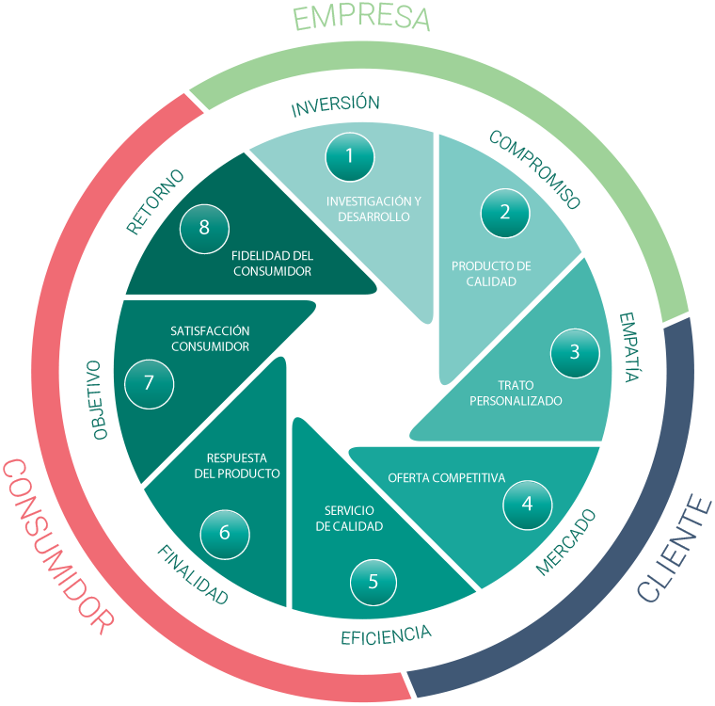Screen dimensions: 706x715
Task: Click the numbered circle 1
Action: (x=349, y=155)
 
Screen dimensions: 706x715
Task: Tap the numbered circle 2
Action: (x=505, y=212)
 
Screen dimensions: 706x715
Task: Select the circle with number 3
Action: (x=575, y=353)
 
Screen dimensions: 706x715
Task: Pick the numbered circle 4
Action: (x=527, y=504)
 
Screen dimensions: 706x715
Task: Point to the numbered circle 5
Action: (x=373, y=581)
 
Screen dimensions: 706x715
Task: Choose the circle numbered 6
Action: (x=224, y=532)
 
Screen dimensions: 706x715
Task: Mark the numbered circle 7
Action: (x=149, y=382)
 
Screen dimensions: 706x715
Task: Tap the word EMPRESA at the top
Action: (x=360, y=17)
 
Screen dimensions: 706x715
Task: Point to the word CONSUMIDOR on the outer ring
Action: (x=58, y=545)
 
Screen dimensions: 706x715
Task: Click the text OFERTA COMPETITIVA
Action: (x=447, y=477)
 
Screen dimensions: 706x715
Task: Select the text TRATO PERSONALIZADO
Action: (x=516, y=393)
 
